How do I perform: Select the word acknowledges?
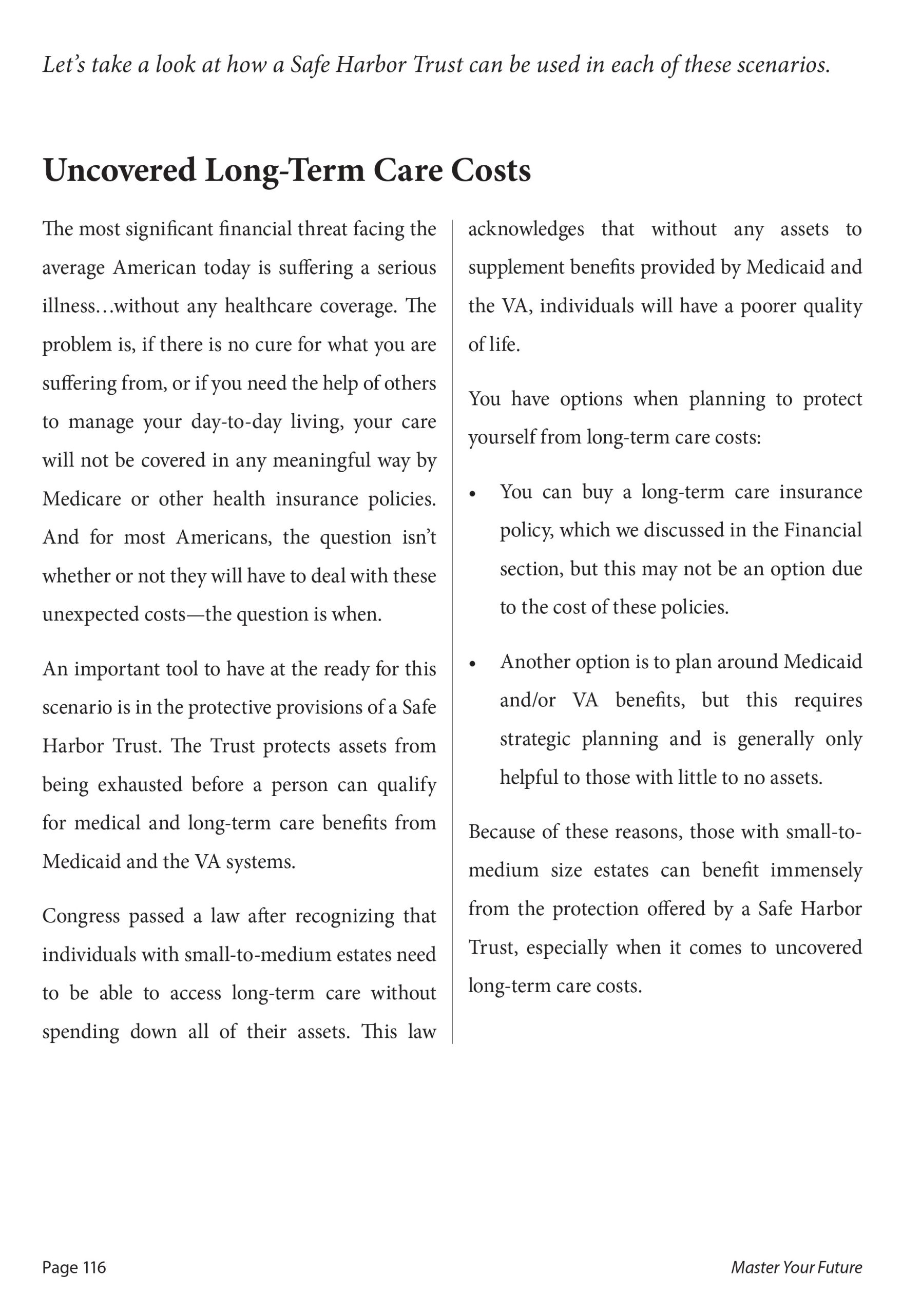[526, 229]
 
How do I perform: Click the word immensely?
[815, 870]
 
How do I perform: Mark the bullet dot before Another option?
[474, 664]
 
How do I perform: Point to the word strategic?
[535, 740]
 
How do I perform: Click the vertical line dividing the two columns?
[452, 622]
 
